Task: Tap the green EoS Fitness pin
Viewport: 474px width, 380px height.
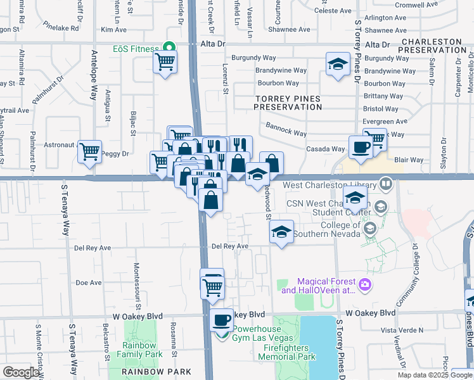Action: click(x=169, y=46)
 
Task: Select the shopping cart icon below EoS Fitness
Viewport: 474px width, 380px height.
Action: click(x=165, y=62)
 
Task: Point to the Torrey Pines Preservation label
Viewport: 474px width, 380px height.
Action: click(x=288, y=103)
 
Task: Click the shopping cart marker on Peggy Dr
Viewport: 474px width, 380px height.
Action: click(x=89, y=151)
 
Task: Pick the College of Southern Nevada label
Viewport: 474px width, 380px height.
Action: click(x=329, y=230)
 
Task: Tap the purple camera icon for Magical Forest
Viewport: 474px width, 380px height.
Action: click(x=364, y=285)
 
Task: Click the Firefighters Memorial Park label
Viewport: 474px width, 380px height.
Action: click(x=286, y=352)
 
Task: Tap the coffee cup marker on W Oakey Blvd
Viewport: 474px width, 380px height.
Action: click(x=222, y=319)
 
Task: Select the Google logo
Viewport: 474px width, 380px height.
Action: click(x=21, y=372)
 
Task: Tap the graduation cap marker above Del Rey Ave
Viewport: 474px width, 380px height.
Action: click(x=281, y=232)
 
